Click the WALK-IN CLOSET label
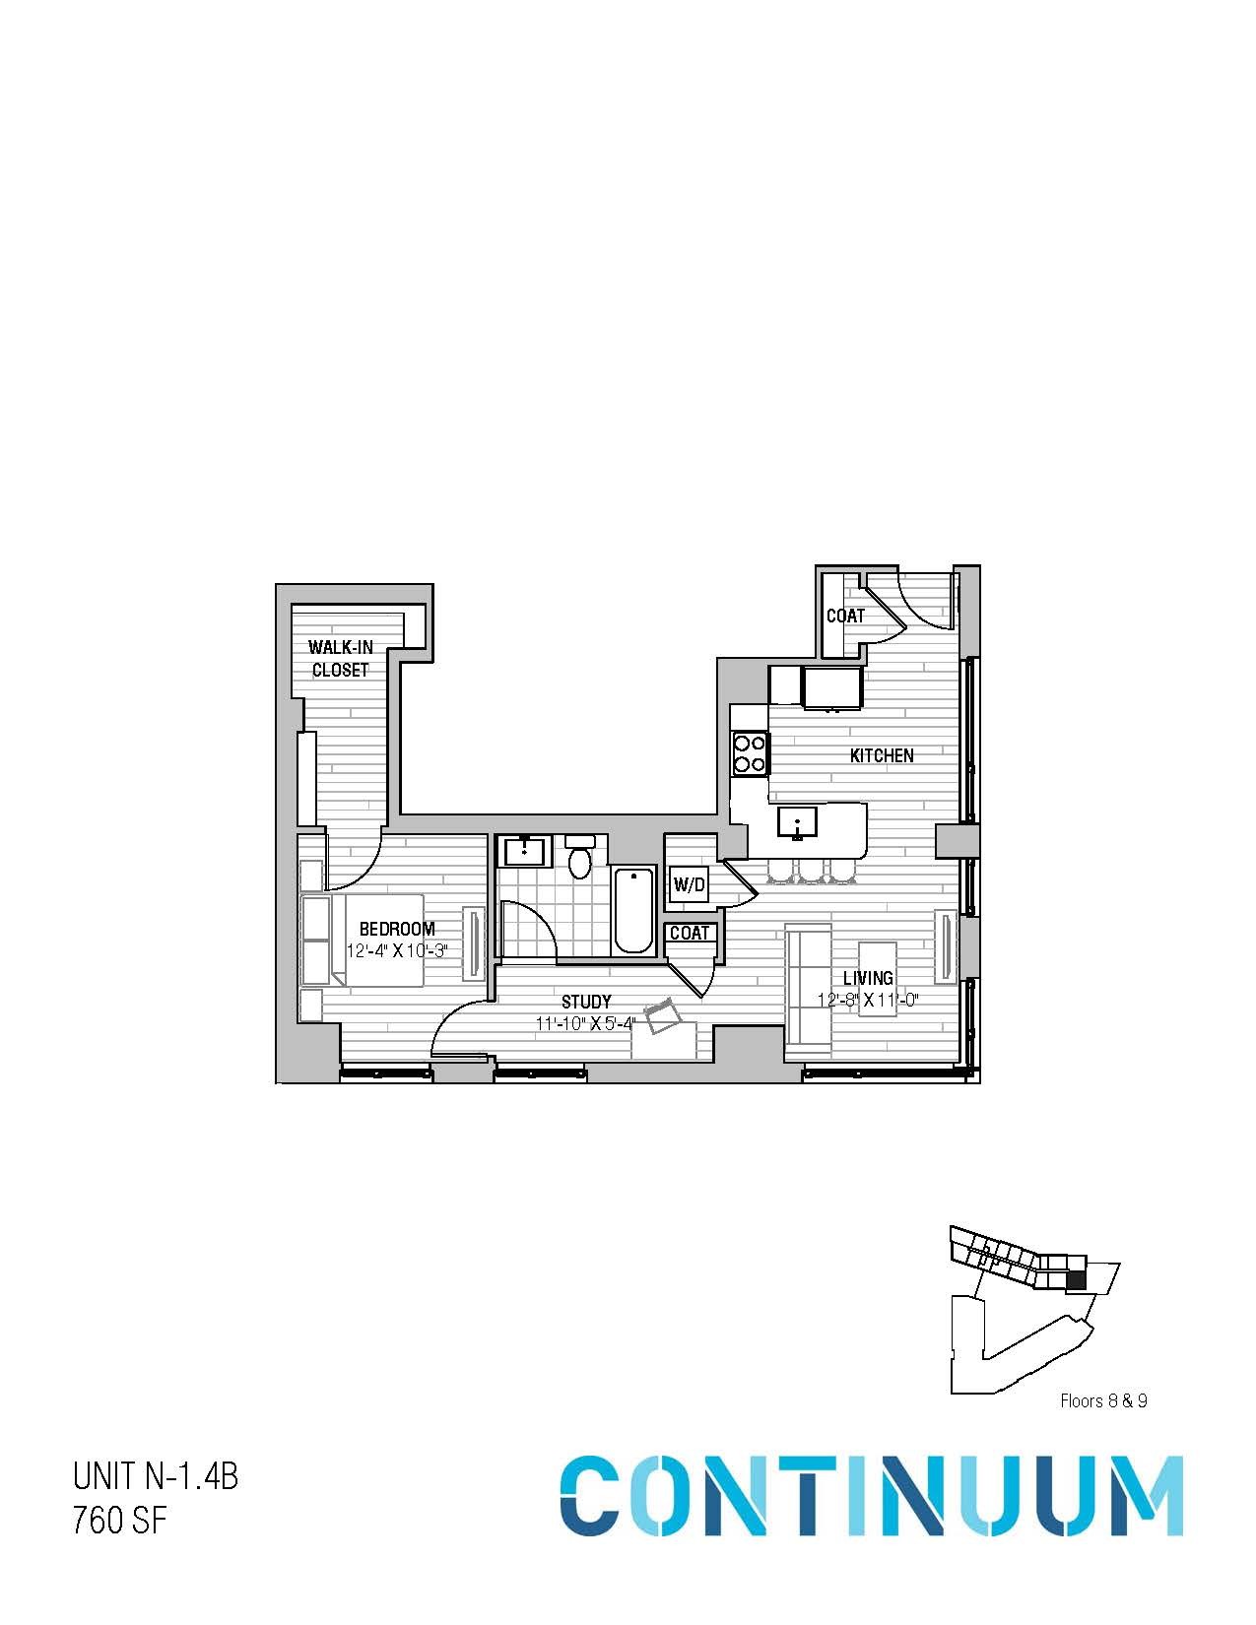coord(340,659)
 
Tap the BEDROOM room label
coord(396,929)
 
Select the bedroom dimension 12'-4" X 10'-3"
coord(397,951)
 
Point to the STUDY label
coord(586,1002)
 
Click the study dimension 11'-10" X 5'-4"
coord(585,1023)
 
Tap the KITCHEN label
coord(882,755)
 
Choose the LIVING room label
coord(868,978)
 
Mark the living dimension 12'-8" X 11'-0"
coord(868,1000)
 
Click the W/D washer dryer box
coord(690,885)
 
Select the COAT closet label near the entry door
coord(845,616)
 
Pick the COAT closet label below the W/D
coord(690,933)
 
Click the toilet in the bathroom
coord(580,858)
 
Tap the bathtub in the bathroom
coord(633,910)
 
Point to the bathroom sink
coord(524,851)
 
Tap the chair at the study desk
coord(661,1015)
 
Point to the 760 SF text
coord(119,1522)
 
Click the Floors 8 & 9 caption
coord(1103,1400)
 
